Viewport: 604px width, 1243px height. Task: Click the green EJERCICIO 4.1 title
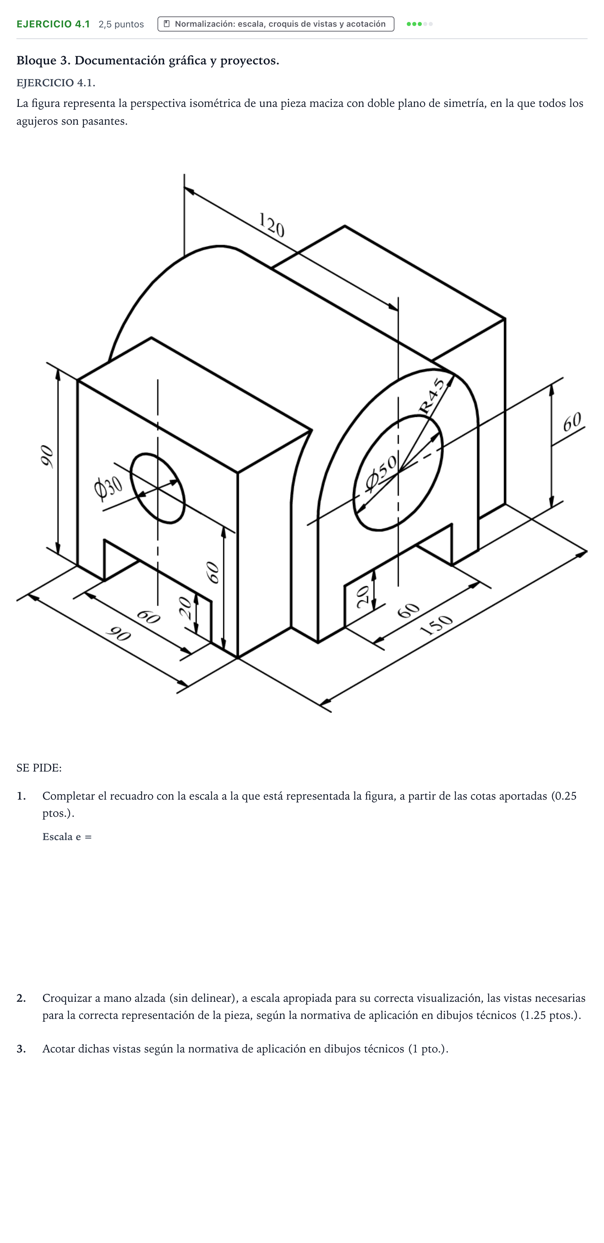point(53,24)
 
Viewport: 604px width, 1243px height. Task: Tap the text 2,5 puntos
point(121,24)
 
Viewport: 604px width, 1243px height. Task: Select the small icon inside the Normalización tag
point(166,24)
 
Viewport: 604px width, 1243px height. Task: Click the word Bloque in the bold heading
point(37,61)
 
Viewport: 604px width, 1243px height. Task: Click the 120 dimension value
point(272,225)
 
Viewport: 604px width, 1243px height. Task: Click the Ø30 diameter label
point(109,489)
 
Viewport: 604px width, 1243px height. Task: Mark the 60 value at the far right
point(572,422)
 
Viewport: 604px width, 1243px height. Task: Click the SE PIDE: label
point(39,768)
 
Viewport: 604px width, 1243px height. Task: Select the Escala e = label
point(67,837)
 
